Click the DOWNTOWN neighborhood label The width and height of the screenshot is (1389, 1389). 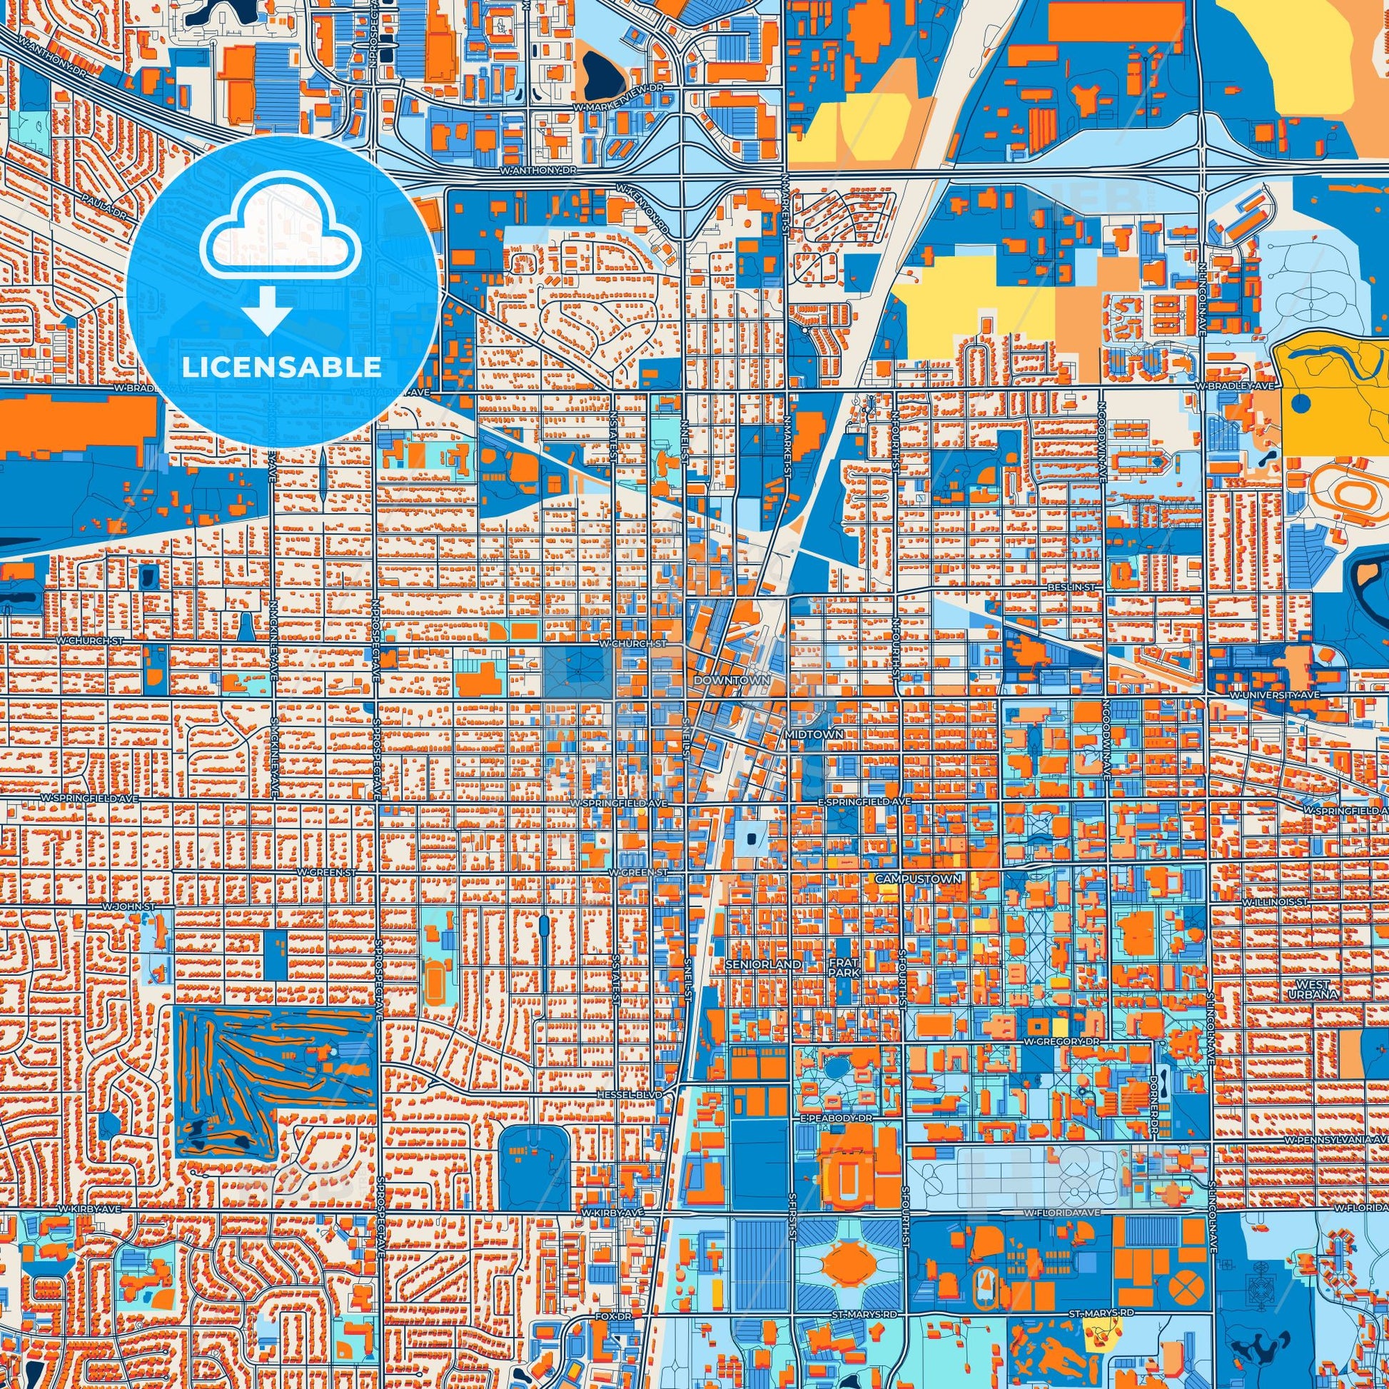click(x=731, y=680)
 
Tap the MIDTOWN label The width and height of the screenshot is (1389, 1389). click(x=802, y=735)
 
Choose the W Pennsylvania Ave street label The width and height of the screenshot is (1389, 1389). click(x=1335, y=1141)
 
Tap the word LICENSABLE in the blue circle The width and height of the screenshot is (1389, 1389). click(x=282, y=368)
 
